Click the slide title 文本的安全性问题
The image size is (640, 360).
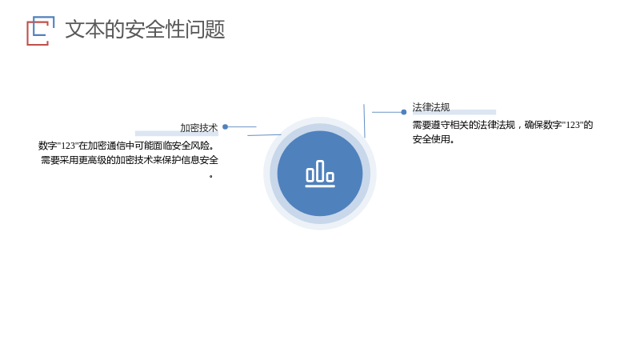145,30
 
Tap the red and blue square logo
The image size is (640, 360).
41,30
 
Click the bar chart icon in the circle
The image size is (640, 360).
320,174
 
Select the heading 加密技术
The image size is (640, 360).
198,128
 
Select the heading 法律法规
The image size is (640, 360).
431,107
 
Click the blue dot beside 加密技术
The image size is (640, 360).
225,127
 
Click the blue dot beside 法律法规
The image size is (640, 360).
404,112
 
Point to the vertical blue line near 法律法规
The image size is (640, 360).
364,121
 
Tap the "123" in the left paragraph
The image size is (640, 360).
68,146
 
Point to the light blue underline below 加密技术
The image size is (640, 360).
177,133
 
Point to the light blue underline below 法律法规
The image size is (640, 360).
454,112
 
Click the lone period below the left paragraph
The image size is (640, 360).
211,176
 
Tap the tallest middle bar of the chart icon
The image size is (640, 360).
320,170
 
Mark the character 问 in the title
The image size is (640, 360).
194,30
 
